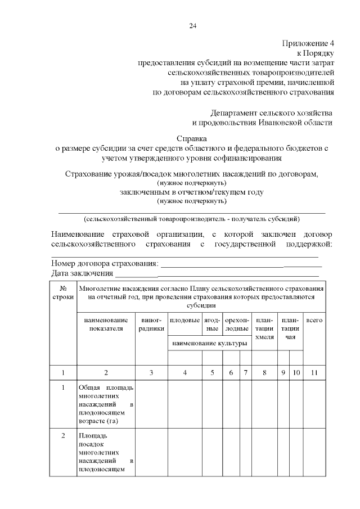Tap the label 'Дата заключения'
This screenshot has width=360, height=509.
[83, 273]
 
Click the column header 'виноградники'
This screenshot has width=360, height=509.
[151, 324]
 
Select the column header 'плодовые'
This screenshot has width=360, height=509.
[185, 319]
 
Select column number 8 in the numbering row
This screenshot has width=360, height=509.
[264, 372]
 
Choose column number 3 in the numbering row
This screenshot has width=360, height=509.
[151, 372]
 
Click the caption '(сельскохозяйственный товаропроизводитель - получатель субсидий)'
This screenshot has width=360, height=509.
[192, 218]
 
